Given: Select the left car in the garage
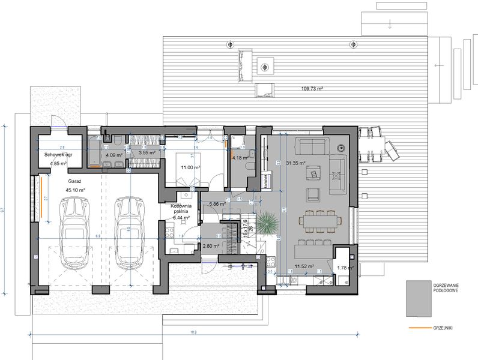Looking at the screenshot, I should pos(75,232).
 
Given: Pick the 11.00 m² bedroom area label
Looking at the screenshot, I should pos(190,167).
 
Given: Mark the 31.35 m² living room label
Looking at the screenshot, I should pos(295,163).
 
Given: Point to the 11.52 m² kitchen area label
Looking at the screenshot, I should pos(303,265).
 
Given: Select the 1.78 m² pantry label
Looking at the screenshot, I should pos(345,268).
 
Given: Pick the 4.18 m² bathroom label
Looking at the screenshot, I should pos(241,158).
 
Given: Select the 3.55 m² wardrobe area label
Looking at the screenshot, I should pos(147,153).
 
